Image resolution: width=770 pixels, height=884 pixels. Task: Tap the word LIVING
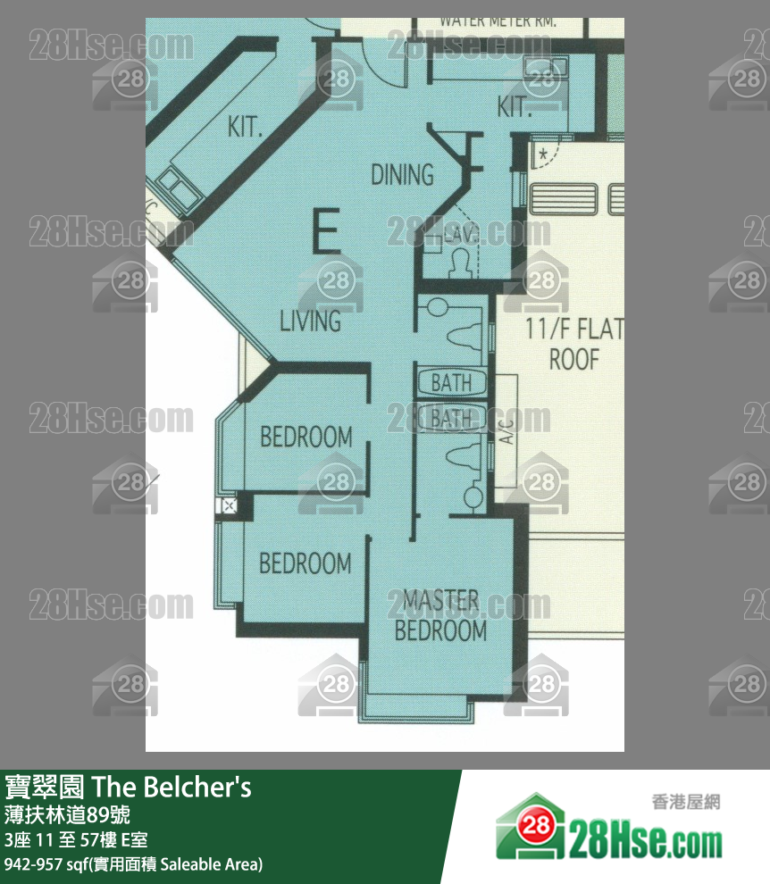[x=310, y=321]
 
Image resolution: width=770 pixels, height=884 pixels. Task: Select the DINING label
[x=402, y=174]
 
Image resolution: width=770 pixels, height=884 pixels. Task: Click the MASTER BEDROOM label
[x=440, y=615]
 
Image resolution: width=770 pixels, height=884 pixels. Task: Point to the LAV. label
[x=462, y=235]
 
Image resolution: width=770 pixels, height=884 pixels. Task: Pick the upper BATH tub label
[x=451, y=383]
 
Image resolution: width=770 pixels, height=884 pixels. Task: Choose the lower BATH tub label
[x=451, y=417]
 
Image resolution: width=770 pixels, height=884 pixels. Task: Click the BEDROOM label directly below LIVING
[x=305, y=437]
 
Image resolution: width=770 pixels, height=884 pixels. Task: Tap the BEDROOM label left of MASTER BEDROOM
[x=305, y=563]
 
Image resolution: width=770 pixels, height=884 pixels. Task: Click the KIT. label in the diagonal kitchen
[x=245, y=127]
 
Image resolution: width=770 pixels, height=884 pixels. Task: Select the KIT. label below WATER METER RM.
[x=515, y=108]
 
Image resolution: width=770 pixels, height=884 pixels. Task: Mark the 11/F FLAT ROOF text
[x=573, y=345]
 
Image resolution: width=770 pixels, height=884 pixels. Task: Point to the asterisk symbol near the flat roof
[x=542, y=154]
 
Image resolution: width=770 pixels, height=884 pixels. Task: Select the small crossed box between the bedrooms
[x=229, y=506]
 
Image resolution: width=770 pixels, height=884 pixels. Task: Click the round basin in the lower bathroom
[x=473, y=495]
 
